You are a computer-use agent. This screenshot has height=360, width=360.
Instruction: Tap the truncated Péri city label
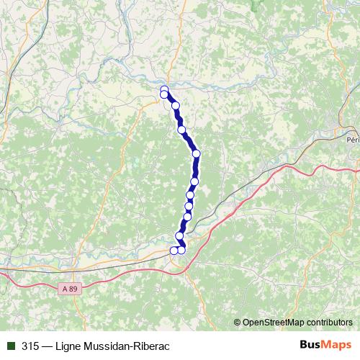(x=352, y=140)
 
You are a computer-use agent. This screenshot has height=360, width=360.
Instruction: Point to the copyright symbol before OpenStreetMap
(x=238, y=322)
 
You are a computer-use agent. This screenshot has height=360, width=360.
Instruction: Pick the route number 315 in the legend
(x=30, y=346)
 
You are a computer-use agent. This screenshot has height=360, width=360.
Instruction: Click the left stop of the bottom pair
(x=174, y=251)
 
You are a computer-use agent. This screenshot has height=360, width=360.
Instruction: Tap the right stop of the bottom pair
(x=181, y=250)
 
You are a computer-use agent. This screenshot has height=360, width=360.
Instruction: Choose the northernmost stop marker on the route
(x=164, y=89)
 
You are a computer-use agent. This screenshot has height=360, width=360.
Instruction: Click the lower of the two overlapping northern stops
(x=164, y=94)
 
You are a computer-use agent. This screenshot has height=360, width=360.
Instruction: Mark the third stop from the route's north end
(x=175, y=106)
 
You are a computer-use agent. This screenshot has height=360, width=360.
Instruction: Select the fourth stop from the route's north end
(x=181, y=130)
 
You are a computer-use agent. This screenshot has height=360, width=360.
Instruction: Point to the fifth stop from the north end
(x=196, y=153)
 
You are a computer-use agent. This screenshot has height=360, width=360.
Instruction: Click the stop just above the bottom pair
(x=179, y=235)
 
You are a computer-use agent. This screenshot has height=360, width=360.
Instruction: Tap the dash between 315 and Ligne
(x=48, y=346)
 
